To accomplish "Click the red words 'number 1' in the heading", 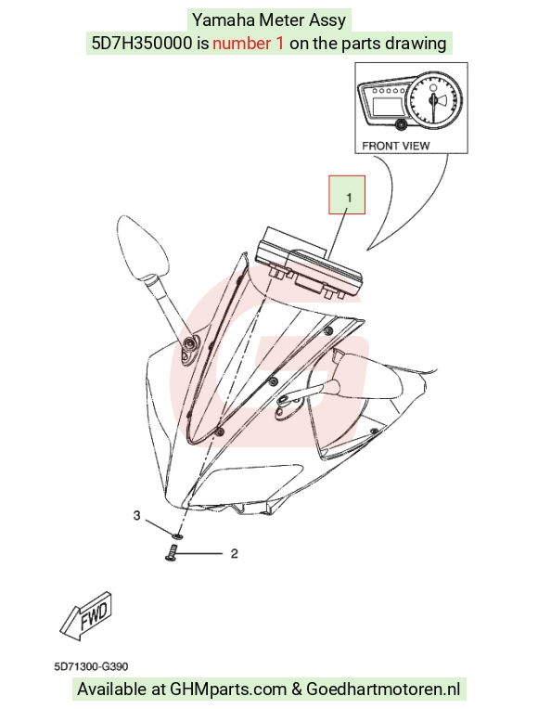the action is [249, 44].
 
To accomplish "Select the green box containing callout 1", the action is [347, 195].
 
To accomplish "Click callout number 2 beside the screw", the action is [234, 554].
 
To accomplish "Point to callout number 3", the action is [136, 515].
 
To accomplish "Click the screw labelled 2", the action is [171, 553].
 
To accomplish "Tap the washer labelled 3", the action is [177, 535].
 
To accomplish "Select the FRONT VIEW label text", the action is [395, 146].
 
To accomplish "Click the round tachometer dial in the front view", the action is [433, 98].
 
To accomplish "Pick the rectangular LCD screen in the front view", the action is [386, 107].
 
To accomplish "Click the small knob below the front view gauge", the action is [400, 124].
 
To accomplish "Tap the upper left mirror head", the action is [141, 247].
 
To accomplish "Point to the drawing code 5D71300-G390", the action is [91, 666].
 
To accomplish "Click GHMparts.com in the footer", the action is [228, 690].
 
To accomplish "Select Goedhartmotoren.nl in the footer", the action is [383, 690].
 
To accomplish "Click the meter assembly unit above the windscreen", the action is [308, 264].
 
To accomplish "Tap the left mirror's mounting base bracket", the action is [191, 347].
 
